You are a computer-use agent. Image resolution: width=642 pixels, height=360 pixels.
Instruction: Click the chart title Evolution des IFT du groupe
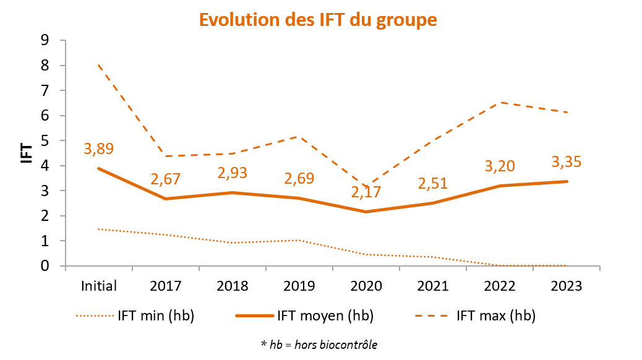tap(318, 19)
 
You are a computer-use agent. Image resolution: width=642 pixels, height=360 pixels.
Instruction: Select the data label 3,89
tap(99, 148)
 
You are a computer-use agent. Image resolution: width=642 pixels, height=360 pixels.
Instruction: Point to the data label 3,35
tap(567, 162)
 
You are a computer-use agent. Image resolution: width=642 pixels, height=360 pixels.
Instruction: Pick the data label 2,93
tap(233, 173)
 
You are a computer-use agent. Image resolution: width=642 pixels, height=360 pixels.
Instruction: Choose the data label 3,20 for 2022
tap(500, 166)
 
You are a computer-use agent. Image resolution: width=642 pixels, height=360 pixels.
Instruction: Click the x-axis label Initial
tap(99, 286)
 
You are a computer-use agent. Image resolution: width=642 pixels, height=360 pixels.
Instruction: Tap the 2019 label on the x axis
tap(299, 286)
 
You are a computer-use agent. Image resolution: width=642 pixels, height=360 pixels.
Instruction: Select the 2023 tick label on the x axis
tap(567, 286)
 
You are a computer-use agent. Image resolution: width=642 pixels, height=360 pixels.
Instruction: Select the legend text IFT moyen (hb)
tap(324, 316)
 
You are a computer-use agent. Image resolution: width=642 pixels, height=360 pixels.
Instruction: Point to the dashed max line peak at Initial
tap(99, 65)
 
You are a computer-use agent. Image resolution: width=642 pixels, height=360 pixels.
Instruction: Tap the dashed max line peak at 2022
tap(500, 103)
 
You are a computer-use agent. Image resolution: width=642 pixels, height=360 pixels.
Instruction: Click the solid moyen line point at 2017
tap(166, 199)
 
